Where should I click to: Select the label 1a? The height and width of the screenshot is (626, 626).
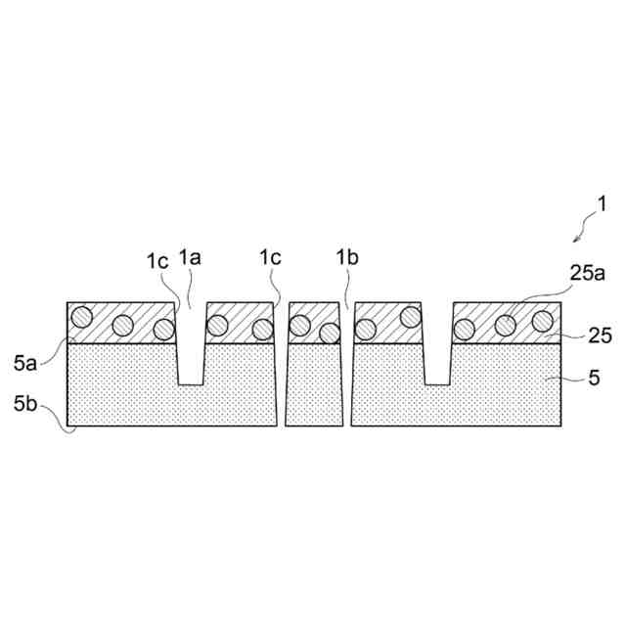coord(191,259)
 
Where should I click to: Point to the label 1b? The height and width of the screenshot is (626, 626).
coord(347,259)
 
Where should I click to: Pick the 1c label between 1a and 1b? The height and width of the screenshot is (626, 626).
coord(271,258)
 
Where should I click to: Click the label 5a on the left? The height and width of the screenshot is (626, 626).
coord(26,364)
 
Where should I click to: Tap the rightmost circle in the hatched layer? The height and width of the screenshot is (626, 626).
coord(542,319)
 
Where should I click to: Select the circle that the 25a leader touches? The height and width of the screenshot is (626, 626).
coord(506,325)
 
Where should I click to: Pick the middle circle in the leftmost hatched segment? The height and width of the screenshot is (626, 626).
coord(123,326)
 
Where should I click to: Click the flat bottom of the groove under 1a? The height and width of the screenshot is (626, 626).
coord(191,382)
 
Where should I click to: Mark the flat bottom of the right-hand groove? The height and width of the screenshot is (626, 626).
coord(437,382)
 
